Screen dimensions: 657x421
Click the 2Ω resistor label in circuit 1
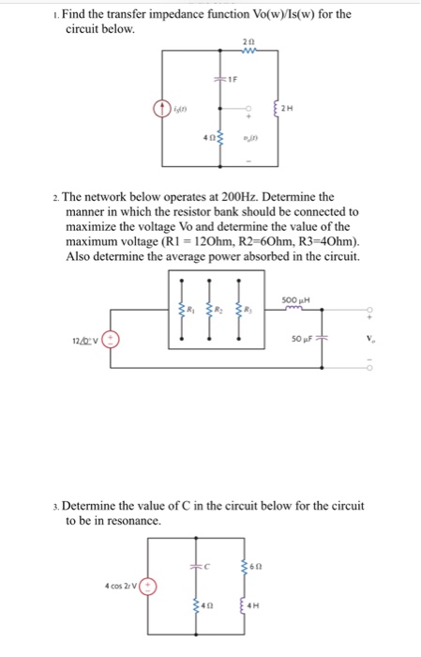click(x=247, y=44)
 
